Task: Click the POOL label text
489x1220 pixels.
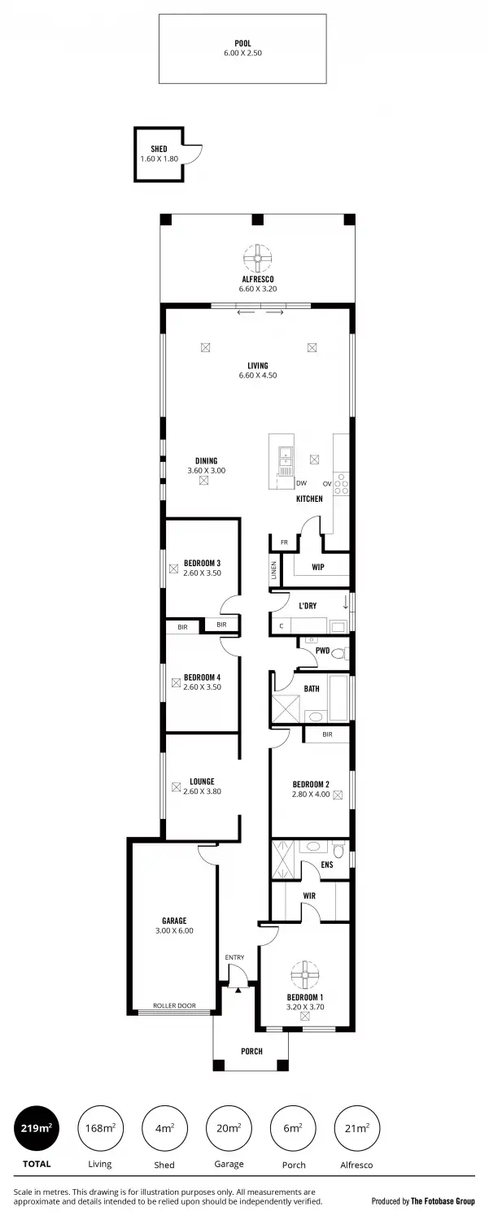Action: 242,43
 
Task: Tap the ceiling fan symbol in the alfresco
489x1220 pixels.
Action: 257,259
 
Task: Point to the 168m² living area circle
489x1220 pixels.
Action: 100,1128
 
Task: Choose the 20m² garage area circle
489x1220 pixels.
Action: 229,1128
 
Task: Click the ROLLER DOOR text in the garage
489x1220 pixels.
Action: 174,1006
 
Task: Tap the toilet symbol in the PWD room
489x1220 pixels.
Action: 340,653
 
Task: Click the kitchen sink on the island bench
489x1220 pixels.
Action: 285,460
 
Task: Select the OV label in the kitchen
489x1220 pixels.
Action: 326,482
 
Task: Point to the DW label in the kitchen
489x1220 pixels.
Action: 301,482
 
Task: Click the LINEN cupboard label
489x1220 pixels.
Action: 274,572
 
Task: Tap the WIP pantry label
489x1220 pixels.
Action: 317,567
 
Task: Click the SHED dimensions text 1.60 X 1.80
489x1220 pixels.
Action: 159,158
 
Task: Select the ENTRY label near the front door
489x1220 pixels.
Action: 234,957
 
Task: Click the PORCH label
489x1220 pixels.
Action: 251,1052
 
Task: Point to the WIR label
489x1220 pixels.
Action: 309,895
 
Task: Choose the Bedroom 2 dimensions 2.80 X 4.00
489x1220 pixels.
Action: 311,795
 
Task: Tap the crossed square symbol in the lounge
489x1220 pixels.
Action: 175,786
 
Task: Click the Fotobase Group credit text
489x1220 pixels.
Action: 422,1200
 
